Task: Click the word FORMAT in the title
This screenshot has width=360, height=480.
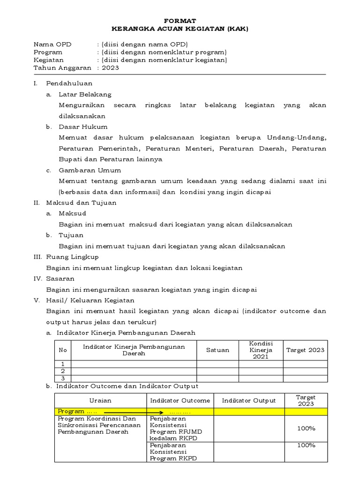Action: [180, 21]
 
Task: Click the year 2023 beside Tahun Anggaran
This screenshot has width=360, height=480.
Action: [111, 67]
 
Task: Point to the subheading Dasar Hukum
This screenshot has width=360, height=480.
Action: [83, 127]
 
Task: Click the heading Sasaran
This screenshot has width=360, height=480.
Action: [60, 278]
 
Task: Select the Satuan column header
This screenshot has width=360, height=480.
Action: [217, 350]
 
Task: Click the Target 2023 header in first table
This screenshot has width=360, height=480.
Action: [305, 350]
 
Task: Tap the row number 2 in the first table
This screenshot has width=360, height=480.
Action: [62, 371]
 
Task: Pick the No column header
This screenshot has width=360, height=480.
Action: [62, 350]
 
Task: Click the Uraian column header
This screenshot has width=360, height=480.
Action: [100, 400]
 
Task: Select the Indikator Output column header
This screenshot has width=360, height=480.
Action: [249, 400]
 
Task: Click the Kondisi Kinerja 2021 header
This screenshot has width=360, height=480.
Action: [261, 350]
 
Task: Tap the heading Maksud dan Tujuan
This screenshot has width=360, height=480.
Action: [81, 202]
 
